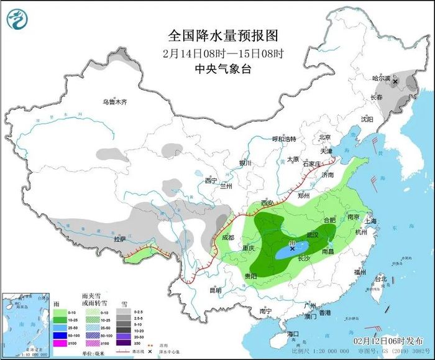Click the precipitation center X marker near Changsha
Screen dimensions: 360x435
click(292, 247)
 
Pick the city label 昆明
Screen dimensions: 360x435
click(215, 290)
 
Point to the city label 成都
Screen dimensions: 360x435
click(227, 237)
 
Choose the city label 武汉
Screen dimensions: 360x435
click(313, 235)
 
